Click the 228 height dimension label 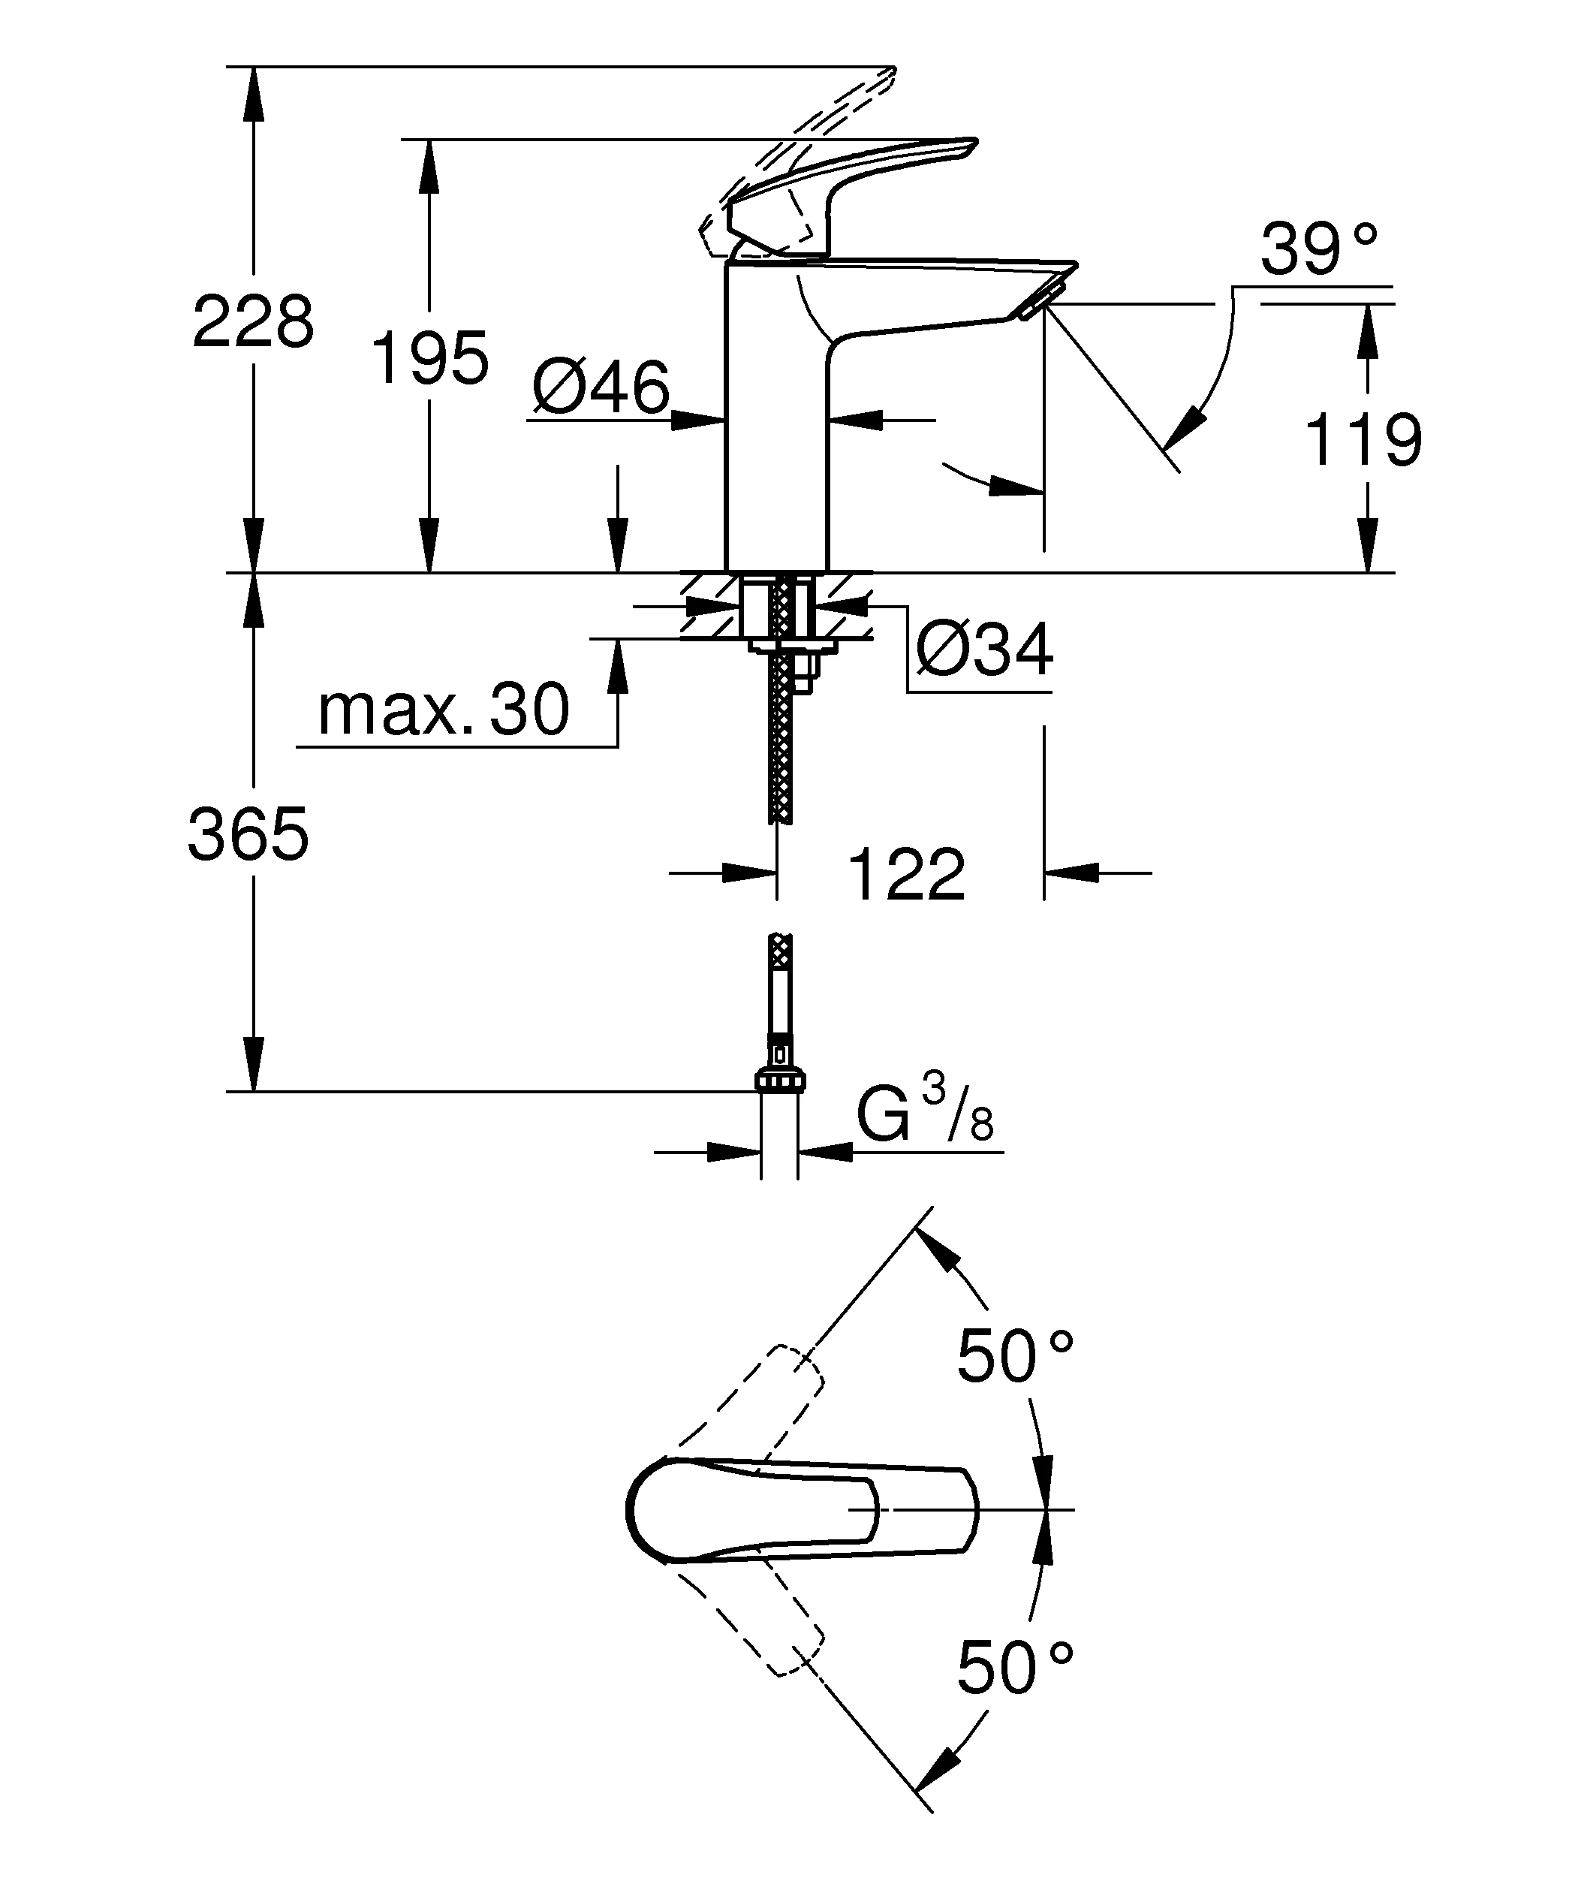253,322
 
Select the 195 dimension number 429,358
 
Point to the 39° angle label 1318,250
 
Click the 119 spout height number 1363,440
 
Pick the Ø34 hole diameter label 983,650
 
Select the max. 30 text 443,710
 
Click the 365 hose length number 248,834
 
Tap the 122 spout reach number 906,875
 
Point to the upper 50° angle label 1014,1356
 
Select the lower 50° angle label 1014,1668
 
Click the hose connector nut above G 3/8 780,1080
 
